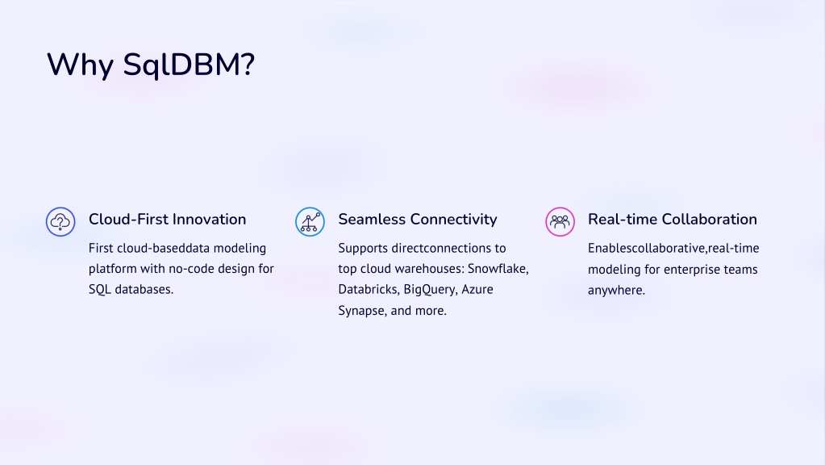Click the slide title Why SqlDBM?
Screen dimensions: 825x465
[151, 65]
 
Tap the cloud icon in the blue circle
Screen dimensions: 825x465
[60, 222]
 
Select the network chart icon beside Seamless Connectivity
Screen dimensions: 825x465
[310, 222]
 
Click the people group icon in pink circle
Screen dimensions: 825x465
[560, 222]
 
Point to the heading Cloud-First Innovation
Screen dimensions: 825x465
[167, 219]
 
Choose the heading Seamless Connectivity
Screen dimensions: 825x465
[417, 220]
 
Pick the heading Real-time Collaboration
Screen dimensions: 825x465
[673, 219]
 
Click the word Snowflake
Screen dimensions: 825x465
[498, 269]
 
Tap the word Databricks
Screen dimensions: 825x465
[369, 289]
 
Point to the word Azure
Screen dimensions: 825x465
[477, 289]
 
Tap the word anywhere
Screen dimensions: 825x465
[616, 290]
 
